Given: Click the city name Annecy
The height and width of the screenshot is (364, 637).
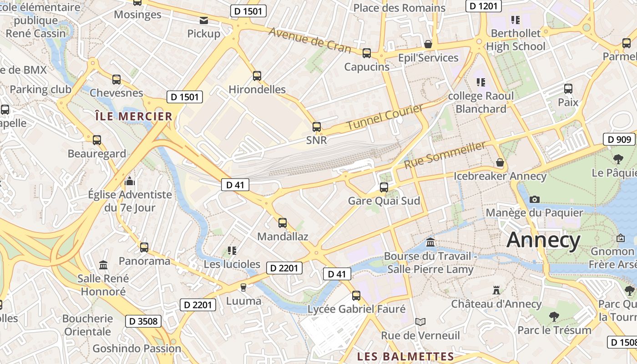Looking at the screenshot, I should pos(543,240).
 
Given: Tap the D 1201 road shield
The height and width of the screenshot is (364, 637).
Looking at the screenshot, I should pos(483,6).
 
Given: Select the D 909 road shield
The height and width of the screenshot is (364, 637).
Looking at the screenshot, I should pos(619,139).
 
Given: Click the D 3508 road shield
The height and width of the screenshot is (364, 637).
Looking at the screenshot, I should pos(143,321).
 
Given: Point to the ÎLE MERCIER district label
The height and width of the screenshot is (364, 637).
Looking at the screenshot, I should pos(134,116).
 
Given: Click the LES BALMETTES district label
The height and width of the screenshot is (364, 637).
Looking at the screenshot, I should pos(405,356).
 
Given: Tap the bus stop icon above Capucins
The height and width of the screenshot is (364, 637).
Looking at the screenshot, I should pos(367,53).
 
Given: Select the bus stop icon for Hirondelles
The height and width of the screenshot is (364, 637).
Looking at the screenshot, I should pos(257,76).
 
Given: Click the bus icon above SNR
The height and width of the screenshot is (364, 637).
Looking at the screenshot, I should pos(317,127).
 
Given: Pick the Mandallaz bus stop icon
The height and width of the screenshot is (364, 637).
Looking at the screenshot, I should pos(283,223).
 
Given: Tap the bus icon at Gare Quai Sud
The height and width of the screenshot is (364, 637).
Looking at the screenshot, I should pos(384,187).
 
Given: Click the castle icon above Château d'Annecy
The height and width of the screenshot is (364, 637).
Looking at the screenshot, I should pos(496,290).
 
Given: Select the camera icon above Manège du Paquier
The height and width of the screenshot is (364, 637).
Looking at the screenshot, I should pos(535,199).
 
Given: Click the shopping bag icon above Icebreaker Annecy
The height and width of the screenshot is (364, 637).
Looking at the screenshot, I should pos(500,162).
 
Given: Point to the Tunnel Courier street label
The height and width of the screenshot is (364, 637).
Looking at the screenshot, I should pos(385,117).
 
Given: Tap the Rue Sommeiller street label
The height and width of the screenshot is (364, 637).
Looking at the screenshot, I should pos(445,155).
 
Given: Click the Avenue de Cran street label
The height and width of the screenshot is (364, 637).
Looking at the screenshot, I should pos(309,40).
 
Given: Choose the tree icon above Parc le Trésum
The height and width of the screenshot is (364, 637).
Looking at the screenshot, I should pos(554,316).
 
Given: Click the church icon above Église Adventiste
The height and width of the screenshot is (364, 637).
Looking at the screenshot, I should pos(130,182).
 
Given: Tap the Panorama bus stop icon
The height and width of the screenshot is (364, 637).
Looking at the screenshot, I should pos(144,248).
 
